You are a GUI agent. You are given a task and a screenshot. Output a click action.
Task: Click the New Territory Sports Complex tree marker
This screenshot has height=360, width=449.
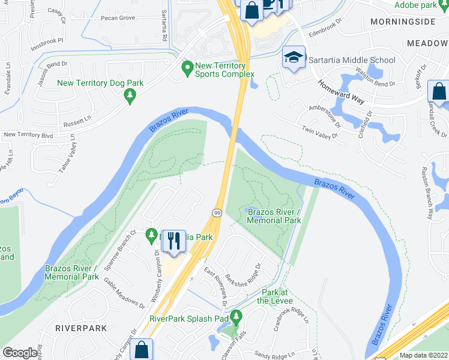coord(187,70)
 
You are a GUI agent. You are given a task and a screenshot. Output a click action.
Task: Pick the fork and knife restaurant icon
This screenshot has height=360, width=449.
coord(173,240)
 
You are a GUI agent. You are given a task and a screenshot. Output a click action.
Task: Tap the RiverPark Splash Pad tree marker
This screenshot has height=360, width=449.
coord(236,316)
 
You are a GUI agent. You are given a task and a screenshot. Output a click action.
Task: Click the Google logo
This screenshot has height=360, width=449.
coord(20,353)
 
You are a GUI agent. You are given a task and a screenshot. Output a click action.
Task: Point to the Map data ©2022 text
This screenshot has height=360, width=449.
coord(423,355)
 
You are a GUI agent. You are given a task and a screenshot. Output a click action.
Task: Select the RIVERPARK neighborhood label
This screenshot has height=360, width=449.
coord(80,328)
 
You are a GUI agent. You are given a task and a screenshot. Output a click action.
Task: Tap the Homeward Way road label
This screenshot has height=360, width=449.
coord(340,92)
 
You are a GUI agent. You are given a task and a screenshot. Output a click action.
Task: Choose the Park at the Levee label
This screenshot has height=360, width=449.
coord(277,296)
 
